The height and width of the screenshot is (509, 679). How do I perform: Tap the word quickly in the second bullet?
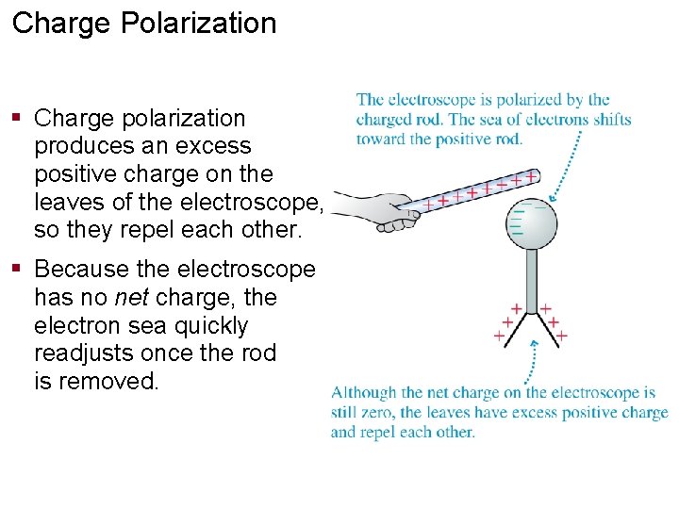point(206,326)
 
